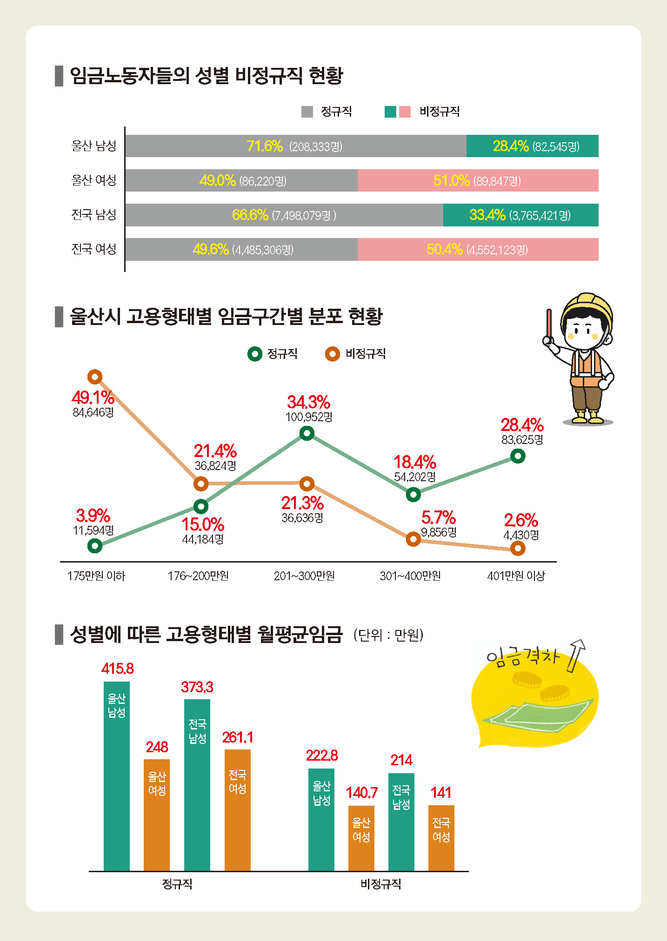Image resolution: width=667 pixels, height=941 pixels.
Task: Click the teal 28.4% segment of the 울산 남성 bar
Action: point(532,146)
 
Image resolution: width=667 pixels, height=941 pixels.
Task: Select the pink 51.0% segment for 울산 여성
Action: point(478,180)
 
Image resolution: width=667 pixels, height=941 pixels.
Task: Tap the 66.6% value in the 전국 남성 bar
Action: point(250,215)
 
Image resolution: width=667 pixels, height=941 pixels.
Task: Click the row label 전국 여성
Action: point(93,249)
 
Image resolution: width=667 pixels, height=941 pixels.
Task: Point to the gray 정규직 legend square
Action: point(307,112)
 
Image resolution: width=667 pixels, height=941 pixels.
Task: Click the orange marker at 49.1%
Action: point(95,377)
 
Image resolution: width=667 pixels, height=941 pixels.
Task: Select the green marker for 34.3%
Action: point(307,433)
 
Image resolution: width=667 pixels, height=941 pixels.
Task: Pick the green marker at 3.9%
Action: point(95,545)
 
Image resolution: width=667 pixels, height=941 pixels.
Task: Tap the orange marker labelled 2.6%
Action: point(518,549)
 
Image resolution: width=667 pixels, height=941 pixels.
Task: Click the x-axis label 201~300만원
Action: point(304,576)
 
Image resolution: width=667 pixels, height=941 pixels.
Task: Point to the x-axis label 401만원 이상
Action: point(516,576)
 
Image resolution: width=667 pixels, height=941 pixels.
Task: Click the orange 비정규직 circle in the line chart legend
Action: point(332,354)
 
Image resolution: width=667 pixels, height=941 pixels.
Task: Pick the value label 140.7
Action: point(361,792)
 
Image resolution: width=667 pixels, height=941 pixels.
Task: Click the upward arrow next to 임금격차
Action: point(575,655)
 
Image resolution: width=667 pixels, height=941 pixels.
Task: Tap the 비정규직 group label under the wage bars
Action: point(380,884)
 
